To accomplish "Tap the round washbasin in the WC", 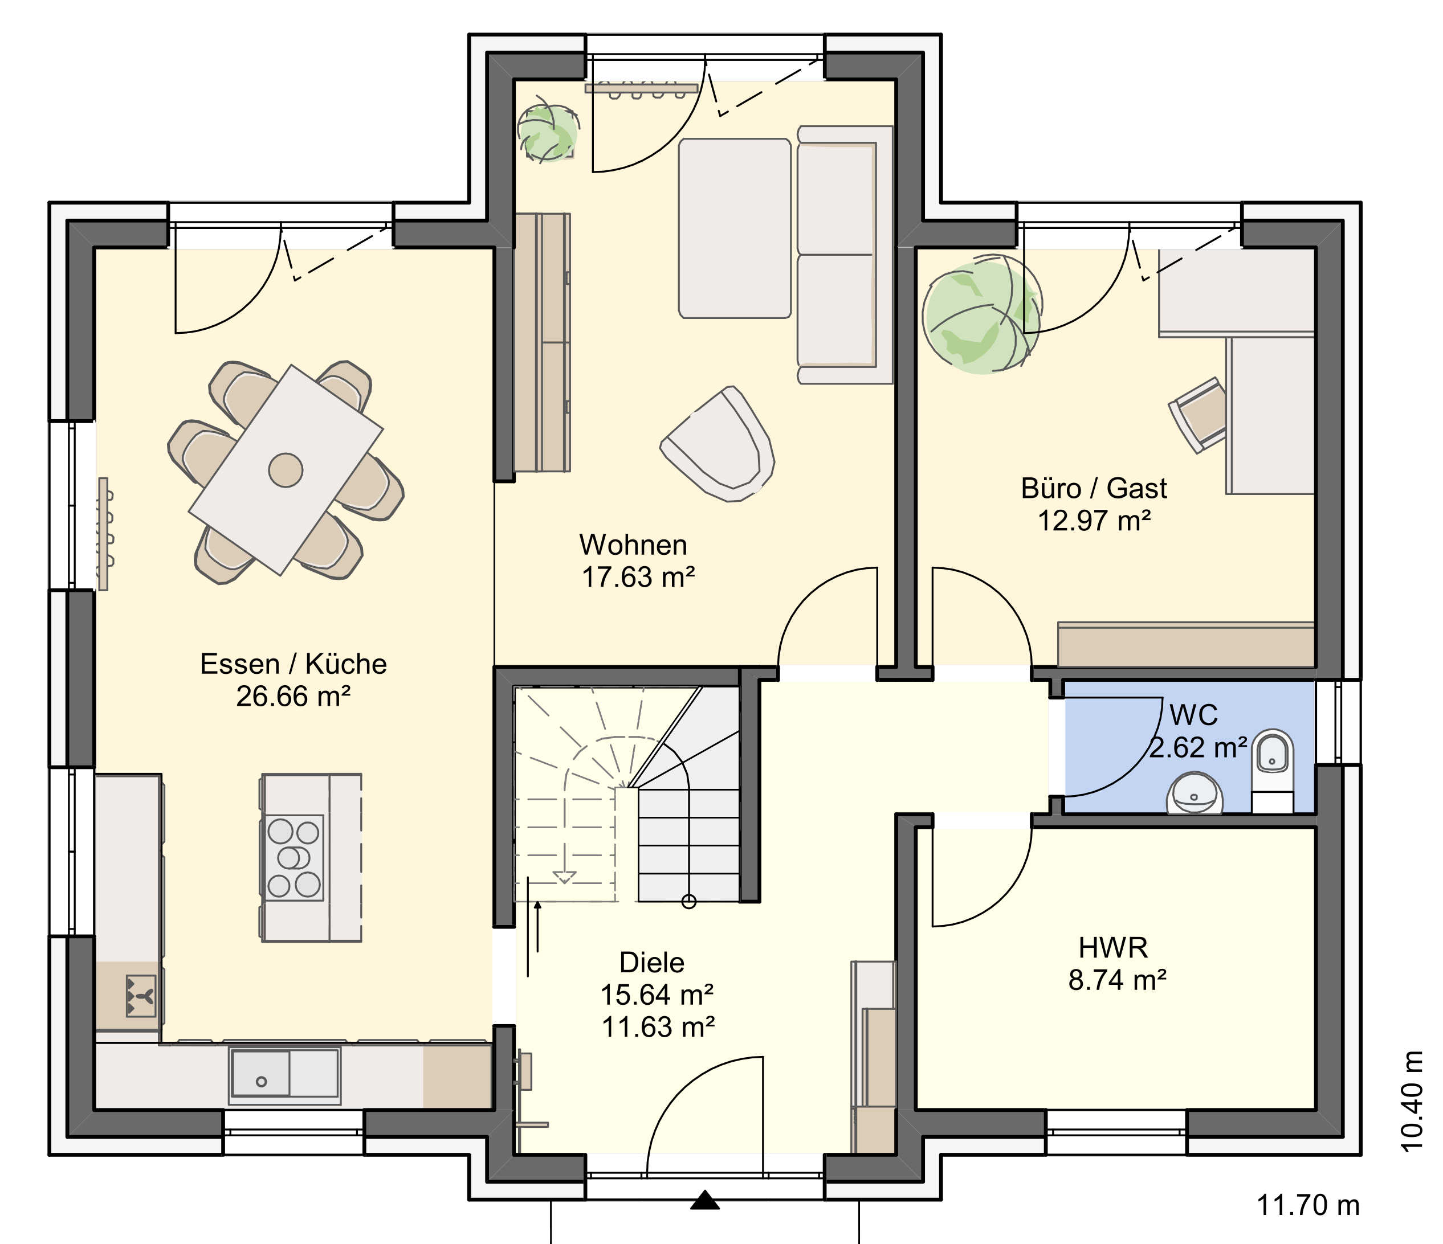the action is [x=1195, y=793].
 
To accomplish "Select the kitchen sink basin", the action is [x=260, y=1073].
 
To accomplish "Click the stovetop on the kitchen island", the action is [x=293, y=858].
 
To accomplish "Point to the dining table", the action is [x=286, y=470].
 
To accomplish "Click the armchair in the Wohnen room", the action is [x=718, y=445].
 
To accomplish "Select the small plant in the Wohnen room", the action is [x=547, y=132].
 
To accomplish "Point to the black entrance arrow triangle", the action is [x=705, y=1200].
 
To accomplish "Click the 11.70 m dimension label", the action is [x=1308, y=1205].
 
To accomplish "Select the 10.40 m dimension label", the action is [x=1412, y=1100].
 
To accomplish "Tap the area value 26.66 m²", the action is [x=293, y=696].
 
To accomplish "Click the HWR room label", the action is [x=1113, y=947].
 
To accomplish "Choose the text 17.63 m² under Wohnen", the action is [x=638, y=577].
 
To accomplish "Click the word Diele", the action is [x=652, y=963].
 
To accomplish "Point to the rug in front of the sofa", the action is [x=735, y=228].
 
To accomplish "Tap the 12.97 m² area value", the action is [x=1094, y=521].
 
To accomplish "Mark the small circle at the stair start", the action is [x=689, y=902].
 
